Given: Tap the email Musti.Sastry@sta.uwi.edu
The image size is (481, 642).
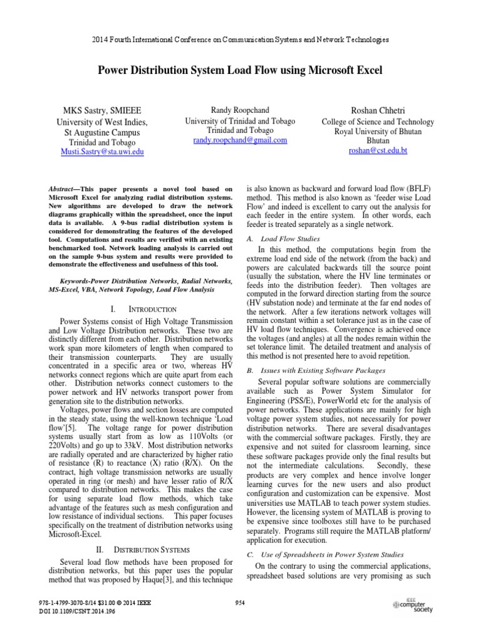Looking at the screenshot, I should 102,152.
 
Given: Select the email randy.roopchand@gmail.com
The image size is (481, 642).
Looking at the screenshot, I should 240,140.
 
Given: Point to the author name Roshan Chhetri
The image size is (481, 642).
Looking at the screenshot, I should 377,110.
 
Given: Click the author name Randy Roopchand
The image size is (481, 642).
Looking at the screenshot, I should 240,110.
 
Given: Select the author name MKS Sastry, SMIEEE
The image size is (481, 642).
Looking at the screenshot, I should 102,110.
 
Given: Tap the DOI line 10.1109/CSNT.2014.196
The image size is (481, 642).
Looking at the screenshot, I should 78,611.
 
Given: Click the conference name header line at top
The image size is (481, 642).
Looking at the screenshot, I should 240,39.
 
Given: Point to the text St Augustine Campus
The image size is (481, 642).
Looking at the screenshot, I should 102,132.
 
